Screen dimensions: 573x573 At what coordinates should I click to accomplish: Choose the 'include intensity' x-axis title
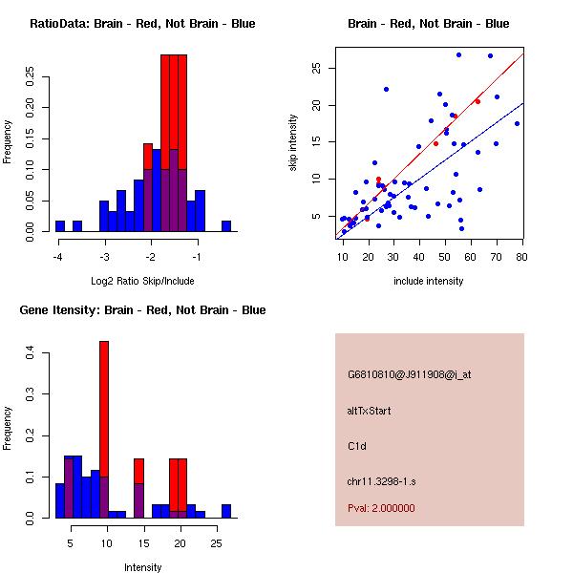pos(429,281)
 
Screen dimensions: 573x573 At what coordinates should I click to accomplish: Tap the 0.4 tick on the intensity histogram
pos(30,353)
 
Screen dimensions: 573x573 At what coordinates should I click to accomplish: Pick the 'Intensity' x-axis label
pos(142,567)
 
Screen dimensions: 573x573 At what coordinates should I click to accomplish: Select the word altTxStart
pos(370,411)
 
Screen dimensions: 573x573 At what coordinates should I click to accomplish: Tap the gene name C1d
pos(356,445)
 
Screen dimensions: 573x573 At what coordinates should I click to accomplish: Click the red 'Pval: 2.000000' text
pos(381,508)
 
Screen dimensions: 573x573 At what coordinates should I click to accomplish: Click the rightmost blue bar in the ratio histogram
pos(226,226)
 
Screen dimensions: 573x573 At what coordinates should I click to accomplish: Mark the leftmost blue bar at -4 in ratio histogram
pos(59,226)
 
